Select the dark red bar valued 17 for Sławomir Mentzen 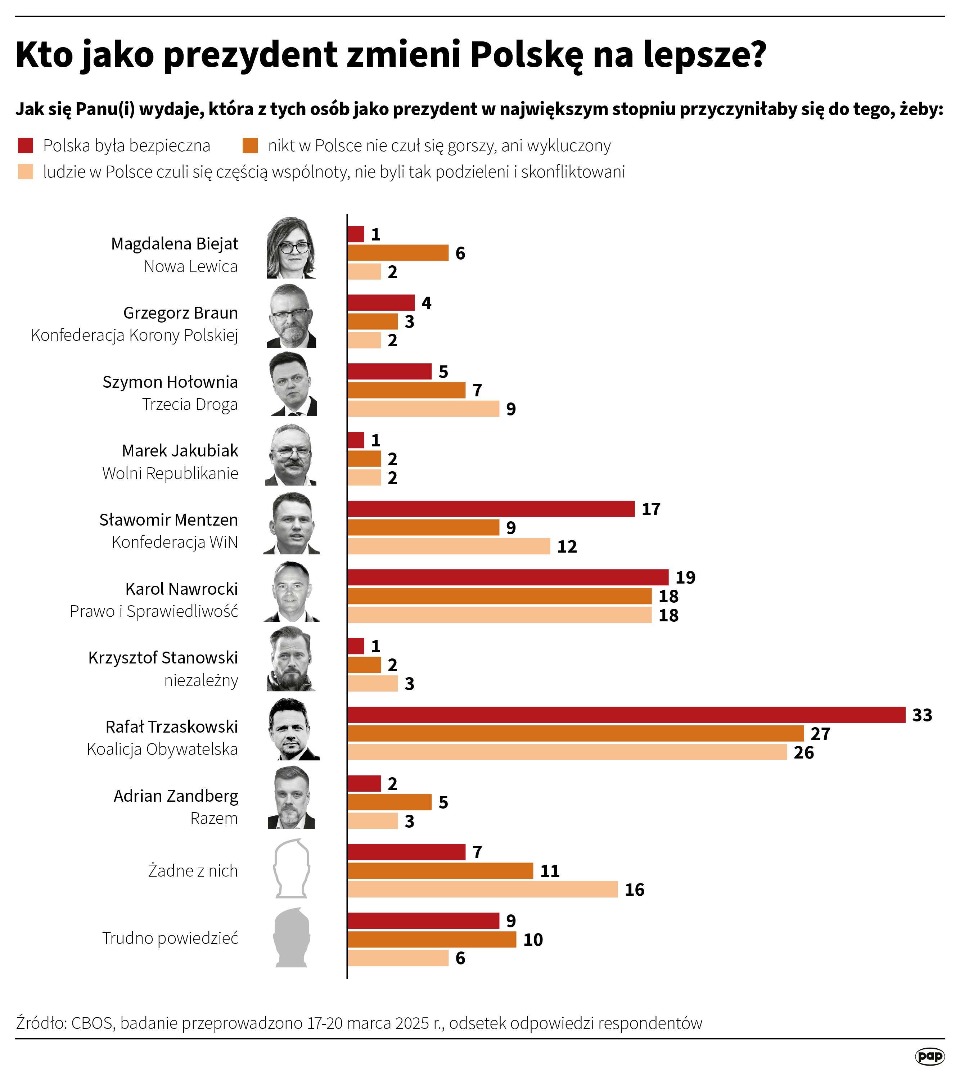491,508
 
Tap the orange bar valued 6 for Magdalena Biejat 398,253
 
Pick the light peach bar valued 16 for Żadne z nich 482,889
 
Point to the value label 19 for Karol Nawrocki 685,577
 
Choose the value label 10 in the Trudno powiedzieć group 533,940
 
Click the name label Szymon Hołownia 170,382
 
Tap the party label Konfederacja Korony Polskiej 134,335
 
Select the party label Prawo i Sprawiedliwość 154,611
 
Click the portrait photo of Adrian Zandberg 292,798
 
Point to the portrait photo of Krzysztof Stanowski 292,659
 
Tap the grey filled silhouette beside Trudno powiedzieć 292,938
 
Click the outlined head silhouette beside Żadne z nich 292,869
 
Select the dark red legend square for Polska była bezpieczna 25,145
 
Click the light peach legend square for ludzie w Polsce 25,172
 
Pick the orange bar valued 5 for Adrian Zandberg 389,802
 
